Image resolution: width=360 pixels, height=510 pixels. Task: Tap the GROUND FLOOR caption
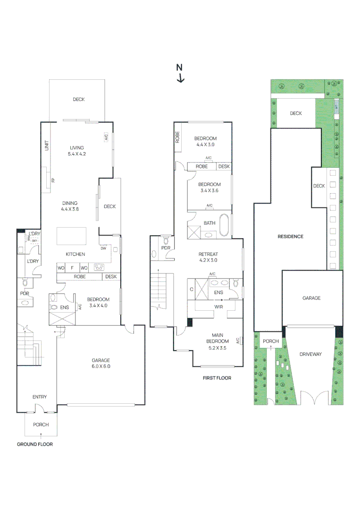tap(35, 444)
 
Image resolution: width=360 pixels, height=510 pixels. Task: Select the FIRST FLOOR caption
tap(217, 378)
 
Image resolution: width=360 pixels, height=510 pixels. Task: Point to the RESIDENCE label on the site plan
tap(290, 237)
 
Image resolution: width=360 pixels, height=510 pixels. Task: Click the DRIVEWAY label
tap(310, 354)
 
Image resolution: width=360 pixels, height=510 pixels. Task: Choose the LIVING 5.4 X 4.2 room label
tap(77, 151)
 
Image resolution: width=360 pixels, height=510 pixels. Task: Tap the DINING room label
tap(69, 206)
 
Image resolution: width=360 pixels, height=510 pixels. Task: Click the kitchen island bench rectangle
tap(72, 236)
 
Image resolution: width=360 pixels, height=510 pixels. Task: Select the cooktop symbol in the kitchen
tap(99, 267)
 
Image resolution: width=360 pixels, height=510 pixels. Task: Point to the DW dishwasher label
tap(103, 248)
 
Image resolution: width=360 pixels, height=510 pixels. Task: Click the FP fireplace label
tap(53, 180)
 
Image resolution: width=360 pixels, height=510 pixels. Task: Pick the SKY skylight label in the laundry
tap(34, 241)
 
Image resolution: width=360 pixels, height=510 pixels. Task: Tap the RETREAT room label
tap(208, 257)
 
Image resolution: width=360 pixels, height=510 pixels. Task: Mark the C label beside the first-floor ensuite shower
tap(192, 289)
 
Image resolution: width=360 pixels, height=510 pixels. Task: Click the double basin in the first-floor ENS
tap(219, 283)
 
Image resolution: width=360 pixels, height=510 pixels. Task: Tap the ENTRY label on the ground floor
tap(40, 397)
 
